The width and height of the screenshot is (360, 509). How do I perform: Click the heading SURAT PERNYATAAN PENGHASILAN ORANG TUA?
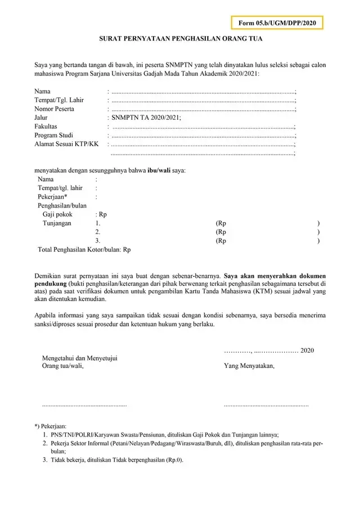[180, 40]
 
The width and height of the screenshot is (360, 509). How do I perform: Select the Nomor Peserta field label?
[54, 109]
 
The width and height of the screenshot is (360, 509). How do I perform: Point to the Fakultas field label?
[46, 127]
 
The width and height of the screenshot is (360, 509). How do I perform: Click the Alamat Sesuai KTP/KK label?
[66, 145]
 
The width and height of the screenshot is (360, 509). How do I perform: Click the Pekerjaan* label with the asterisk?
[53, 197]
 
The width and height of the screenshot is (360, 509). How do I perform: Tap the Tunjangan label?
[57, 223]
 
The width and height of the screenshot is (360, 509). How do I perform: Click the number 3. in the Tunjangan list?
[98, 241]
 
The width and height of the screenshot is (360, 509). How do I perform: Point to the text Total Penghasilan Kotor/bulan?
[79, 249]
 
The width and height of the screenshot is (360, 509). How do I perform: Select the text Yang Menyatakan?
[249, 366]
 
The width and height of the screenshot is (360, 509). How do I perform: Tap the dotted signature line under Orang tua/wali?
[84, 405]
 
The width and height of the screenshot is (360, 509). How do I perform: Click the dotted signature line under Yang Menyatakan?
[266, 405]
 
